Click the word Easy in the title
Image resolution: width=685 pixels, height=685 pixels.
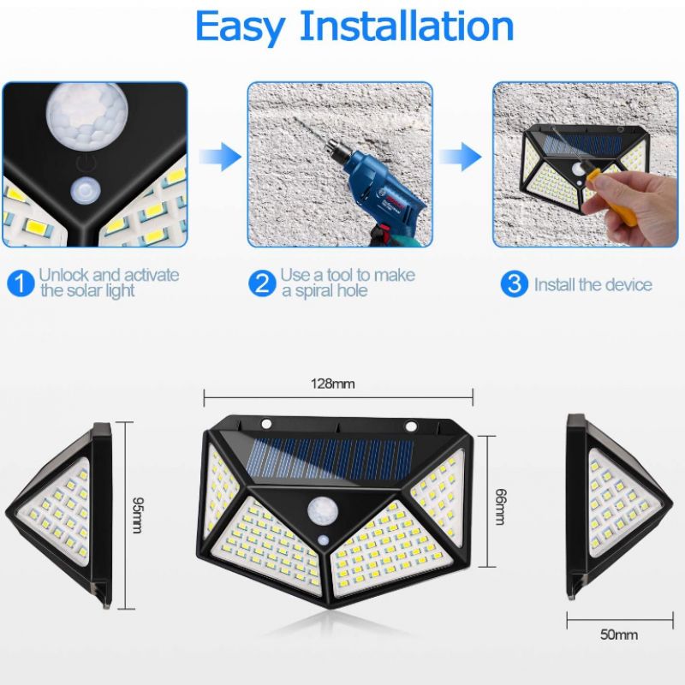point(241,27)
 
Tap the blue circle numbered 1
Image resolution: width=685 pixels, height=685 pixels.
point(21,283)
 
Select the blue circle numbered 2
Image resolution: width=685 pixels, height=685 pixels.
point(262,283)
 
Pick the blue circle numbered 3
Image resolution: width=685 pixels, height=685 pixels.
point(515,283)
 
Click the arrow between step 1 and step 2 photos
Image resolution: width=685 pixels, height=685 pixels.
point(220,156)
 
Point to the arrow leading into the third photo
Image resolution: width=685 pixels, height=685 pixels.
point(460,156)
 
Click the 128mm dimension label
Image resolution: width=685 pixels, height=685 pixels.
point(332,384)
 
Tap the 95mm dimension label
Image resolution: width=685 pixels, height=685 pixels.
point(137,515)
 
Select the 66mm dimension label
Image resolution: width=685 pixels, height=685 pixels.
point(501,506)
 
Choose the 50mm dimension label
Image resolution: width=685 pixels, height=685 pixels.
point(618,634)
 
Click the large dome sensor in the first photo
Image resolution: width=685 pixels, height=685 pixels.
point(87,111)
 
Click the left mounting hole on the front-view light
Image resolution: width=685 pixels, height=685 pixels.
point(266,423)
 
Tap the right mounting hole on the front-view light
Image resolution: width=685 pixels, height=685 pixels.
point(411,425)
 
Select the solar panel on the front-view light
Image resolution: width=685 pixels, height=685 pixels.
point(330,459)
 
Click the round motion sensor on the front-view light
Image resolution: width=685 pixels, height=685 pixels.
point(323,511)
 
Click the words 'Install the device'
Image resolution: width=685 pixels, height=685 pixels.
point(593,284)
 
